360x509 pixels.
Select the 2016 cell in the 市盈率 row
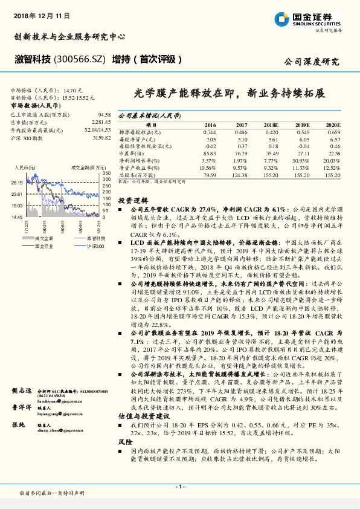(209, 154)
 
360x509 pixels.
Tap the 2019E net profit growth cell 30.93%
(300, 161)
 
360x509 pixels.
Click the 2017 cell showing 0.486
(241, 132)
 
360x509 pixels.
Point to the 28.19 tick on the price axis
(17, 182)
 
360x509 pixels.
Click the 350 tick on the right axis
(107, 173)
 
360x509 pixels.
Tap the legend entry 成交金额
(41, 239)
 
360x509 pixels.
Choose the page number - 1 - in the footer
(179, 487)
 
